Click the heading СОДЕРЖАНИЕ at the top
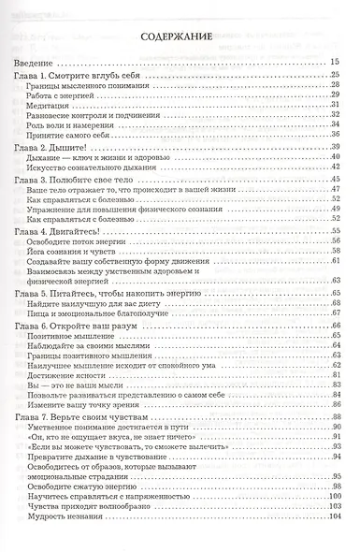[x=177, y=38]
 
